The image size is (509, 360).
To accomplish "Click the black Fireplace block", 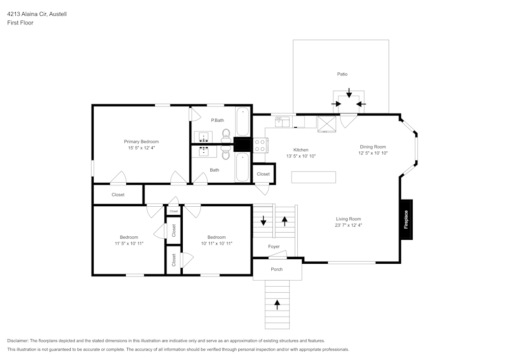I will click(x=406, y=219).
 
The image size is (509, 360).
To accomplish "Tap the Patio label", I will click(x=342, y=74).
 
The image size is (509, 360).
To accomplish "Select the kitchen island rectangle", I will click(x=314, y=177).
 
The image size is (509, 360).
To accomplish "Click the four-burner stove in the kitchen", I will click(x=260, y=146).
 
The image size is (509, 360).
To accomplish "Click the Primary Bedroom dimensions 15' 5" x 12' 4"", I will click(x=142, y=148).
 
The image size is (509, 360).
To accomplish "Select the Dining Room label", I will click(x=373, y=147).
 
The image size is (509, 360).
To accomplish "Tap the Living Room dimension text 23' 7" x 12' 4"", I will click(x=348, y=225).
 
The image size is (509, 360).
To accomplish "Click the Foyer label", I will click(x=274, y=247).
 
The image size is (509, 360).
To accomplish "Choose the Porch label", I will click(x=276, y=269).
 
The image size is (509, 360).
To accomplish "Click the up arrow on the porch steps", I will click(x=277, y=304).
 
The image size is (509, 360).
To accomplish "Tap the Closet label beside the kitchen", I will click(x=263, y=174).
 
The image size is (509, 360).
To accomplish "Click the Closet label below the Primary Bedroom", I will click(x=118, y=195).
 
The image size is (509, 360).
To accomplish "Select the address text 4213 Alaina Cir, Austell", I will click(x=37, y=14).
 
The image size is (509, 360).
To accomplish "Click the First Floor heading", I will click(x=20, y=23).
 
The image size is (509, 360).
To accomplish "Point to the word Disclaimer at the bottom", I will click(x=18, y=341).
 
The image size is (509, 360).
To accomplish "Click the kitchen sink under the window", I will click(x=282, y=122).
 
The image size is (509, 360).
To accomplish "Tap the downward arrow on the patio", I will click(x=349, y=93).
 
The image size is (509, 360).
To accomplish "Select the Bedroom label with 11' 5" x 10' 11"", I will click(x=129, y=237).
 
